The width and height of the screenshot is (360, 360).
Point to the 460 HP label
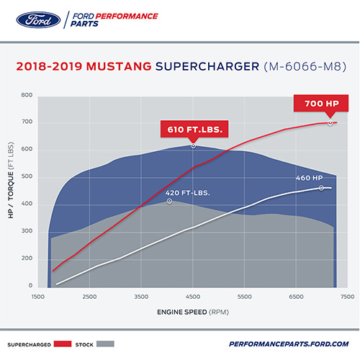[307, 178]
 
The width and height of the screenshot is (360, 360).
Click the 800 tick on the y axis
[27, 95]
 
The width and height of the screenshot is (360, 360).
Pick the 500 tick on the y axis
[27, 178]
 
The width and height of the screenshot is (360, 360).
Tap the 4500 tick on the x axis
[192, 297]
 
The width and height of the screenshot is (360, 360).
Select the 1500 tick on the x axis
[40, 297]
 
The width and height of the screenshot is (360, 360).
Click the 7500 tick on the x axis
[346, 297]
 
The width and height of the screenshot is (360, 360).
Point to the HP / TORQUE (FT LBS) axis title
[12, 189]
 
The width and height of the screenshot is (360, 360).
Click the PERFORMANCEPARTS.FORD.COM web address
[289, 344]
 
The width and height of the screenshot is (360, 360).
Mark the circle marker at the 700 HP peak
[330, 123]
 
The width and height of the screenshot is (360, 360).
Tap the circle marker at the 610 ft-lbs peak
[193, 146]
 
